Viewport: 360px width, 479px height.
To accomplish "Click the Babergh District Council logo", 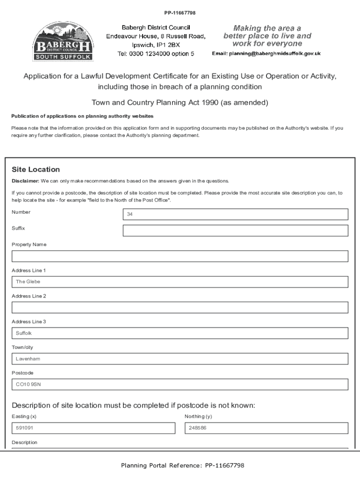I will click(x=63, y=41).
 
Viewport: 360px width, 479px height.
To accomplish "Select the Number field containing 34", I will click(x=235, y=214).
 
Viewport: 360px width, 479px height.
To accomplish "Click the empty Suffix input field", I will click(x=235, y=231).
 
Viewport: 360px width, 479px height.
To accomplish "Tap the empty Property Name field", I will click(x=180, y=256).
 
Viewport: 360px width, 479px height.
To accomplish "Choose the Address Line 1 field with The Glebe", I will click(x=180, y=282).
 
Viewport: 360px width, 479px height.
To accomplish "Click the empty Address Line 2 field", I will click(x=180, y=307).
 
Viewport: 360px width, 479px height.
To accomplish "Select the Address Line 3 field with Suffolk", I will click(x=180, y=333).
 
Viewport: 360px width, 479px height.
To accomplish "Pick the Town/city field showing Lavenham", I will click(x=180, y=359).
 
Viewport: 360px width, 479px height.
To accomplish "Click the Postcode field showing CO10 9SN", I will click(x=180, y=385).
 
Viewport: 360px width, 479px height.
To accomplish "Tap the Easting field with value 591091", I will click(x=93, y=428).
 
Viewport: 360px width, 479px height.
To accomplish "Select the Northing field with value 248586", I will click(x=266, y=428).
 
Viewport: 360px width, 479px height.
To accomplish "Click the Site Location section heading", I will click(x=36, y=169).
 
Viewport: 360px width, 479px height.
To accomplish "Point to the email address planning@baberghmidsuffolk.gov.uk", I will click(x=266, y=54).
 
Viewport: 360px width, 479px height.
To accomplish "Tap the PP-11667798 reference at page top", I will click(x=180, y=12).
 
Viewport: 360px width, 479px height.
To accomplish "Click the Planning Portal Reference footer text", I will click(x=182, y=465).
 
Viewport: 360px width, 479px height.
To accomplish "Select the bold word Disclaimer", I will click(x=25, y=181).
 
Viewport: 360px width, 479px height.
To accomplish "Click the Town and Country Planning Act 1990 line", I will click(x=180, y=102).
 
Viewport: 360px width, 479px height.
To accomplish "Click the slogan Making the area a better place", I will click(x=267, y=36).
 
